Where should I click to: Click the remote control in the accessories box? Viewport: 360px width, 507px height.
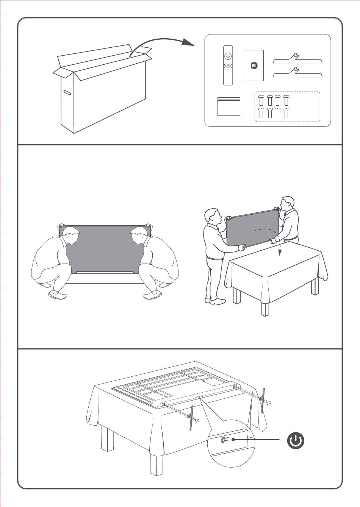pos(228,66)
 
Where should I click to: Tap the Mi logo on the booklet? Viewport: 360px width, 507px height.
pos(254,66)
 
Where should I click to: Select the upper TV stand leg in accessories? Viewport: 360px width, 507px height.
pos(298,59)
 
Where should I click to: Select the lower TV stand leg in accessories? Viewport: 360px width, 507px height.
pos(298,73)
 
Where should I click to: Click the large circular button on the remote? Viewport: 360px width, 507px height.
pos(228,56)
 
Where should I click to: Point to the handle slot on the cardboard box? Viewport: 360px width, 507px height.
pos(67,92)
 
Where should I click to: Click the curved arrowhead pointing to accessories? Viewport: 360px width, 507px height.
pos(188,42)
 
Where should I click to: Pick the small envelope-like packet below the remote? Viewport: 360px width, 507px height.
pos(229,107)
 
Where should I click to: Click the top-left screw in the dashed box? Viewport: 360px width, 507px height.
pos(261,100)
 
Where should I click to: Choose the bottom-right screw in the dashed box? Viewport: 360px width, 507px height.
pos(286,113)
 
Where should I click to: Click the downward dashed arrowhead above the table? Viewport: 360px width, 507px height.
pos(280,253)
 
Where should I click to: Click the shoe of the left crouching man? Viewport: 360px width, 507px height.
pos(58,295)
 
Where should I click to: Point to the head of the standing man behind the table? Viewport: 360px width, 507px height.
pos(287,204)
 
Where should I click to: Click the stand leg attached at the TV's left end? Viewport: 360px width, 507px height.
pos(191,418)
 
